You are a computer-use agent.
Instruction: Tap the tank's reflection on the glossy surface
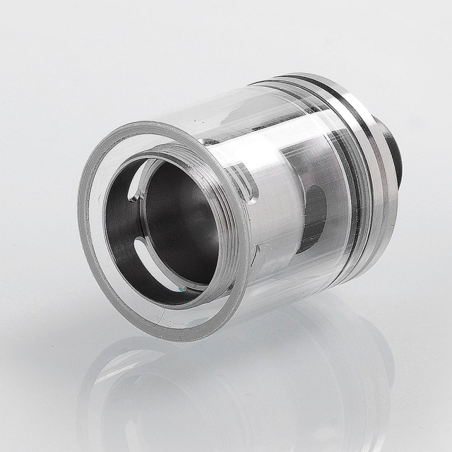coord(233,395)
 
